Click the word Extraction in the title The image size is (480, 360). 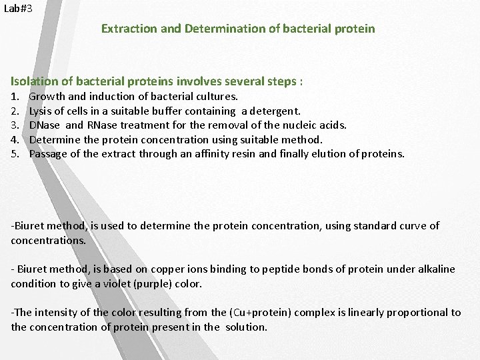coord(127,29)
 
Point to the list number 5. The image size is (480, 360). coord(15,153)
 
